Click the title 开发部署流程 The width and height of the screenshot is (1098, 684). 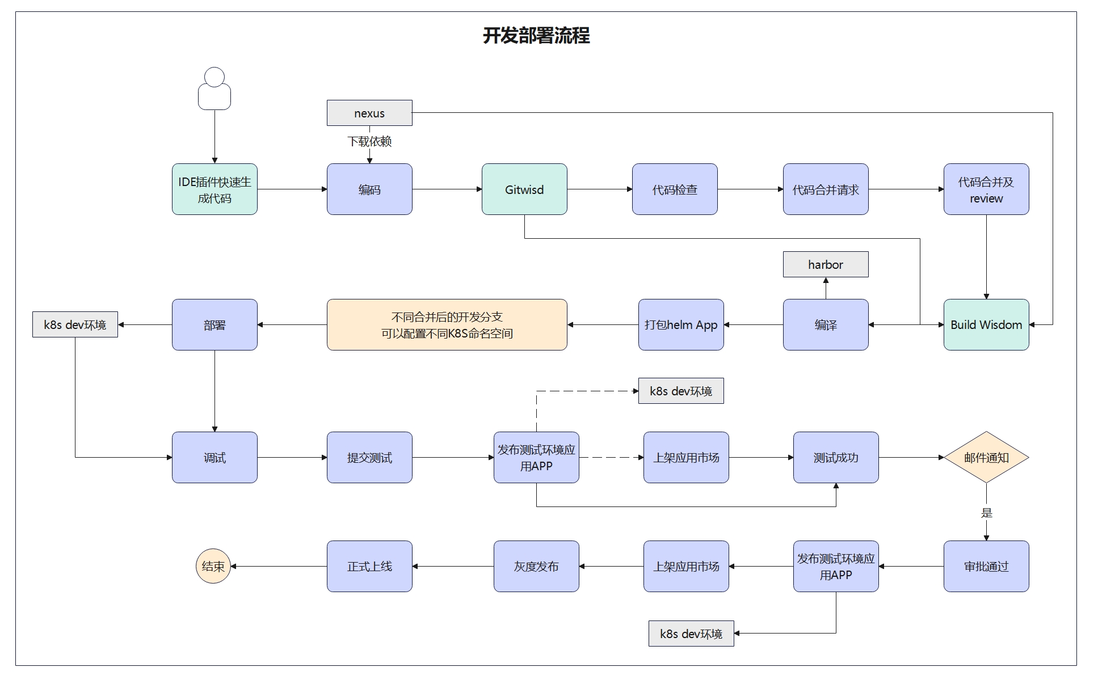click(x=536, y=36)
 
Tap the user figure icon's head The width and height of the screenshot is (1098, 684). click(x=214, y=77)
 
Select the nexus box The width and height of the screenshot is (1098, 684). click(x=369, y=113)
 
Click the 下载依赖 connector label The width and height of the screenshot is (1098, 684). click(x=369, y=141)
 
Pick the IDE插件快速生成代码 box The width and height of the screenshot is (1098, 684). click(x=214, y=189)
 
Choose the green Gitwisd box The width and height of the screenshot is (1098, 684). click(x=524, y=189)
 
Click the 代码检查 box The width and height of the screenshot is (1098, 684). click(x=675, y=189)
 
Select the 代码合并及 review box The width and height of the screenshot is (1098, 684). click(x=986, y=189)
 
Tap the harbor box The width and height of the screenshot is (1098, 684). click(x=826, y=264)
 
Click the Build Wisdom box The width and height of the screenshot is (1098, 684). click(x=986, y=324)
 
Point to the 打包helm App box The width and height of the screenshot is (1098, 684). click(x=681, y=324)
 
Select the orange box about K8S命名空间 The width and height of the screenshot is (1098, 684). click(x=447, y=324)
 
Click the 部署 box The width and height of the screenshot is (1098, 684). click(x=214, y=324)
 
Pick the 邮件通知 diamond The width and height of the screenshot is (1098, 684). click(x=986, y=457)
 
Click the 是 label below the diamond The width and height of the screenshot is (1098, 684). click(x=986, y=513)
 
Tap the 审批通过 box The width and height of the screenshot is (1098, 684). click(x=986, y=566)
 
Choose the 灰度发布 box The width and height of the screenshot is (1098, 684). click(x=536, y=566)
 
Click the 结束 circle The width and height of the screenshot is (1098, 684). click(x=213, y=566)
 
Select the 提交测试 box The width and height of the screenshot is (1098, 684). click(x=369, y=457)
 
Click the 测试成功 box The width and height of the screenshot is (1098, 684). click(x=836, y=457)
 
